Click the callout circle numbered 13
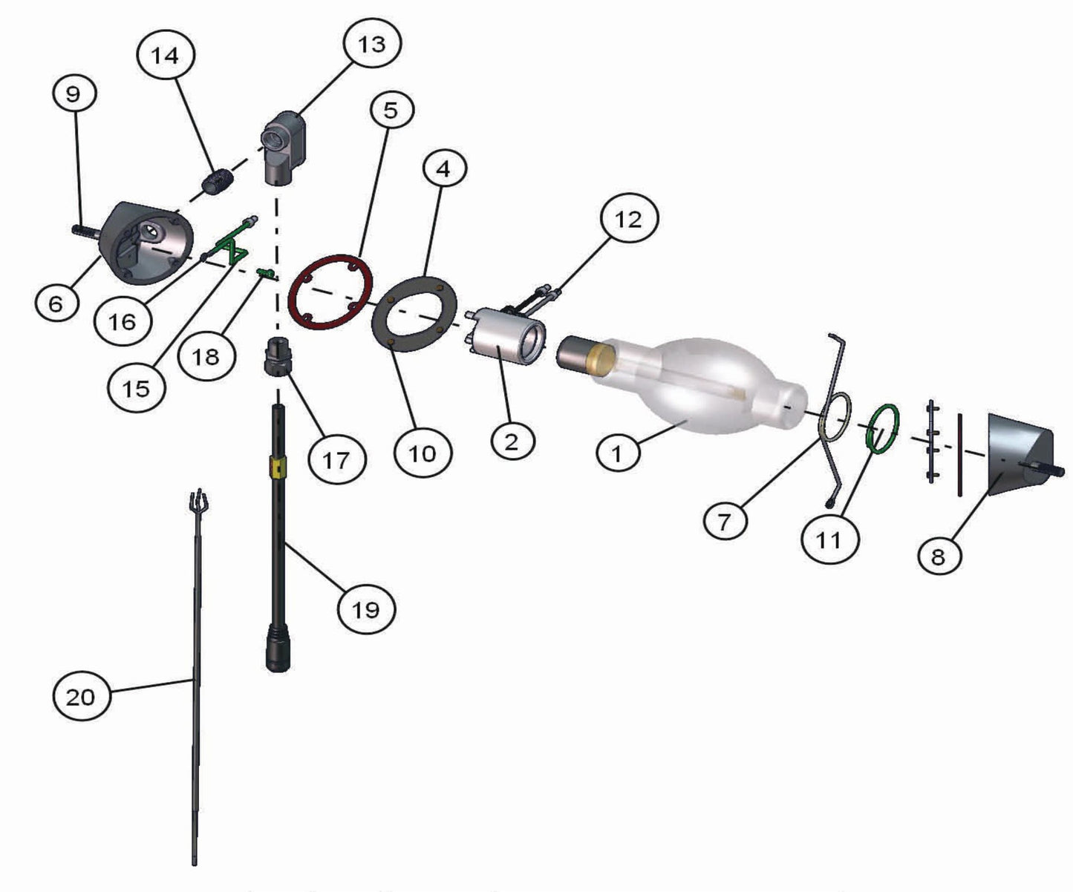(372, 44)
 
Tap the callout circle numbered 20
(81, 696)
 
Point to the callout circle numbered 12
(628, 219)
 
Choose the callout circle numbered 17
(337, 459)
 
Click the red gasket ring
(330, 292)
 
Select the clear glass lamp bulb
(688, 386)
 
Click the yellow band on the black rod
(278, 466)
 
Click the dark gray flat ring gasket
(414, 313)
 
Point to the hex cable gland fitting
(278, 355)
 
